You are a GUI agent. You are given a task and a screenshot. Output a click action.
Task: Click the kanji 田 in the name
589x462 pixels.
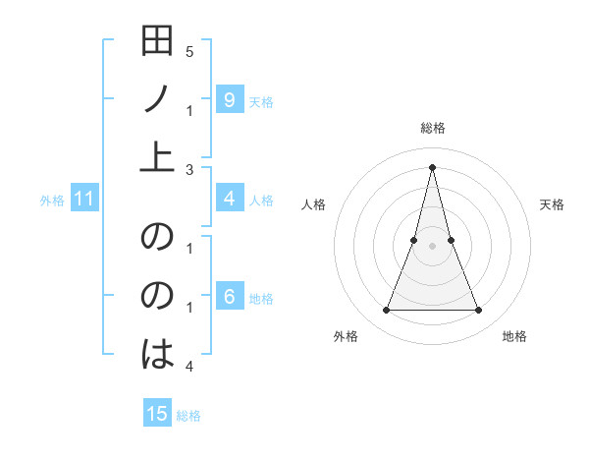click(x=157, y=42)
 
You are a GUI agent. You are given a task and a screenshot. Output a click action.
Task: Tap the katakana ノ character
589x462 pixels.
click(x=157, y=99)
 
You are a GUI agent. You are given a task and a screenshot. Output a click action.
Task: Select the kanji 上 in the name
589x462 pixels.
click(x=157, y=156)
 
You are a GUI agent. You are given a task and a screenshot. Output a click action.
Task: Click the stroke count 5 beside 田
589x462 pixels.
click(x=188, y=51)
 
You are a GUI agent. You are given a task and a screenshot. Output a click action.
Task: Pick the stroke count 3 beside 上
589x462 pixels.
click(x=188, y=170)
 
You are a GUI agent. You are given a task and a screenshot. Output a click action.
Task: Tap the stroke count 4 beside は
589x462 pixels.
click(x=188, y=367)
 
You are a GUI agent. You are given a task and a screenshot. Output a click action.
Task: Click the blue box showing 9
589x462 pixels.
click(x=229, y=99)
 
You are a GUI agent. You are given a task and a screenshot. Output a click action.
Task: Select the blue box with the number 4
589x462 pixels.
click(x=229, y=199)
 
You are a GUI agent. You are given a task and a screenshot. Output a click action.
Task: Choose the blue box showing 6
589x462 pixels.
click(x=229, y=297)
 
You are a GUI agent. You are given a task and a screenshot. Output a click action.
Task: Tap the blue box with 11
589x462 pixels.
click(x=84, y=200)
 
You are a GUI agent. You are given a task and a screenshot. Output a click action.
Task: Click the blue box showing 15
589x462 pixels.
click(x=157, y=414)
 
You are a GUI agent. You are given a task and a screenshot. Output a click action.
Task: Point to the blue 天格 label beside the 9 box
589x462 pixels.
click(x=261, y=101)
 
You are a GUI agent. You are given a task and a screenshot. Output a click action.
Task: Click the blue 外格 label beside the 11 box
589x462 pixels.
click(x=52, y=201)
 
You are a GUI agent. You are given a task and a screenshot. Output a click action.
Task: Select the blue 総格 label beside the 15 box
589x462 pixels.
click(x=188, y=416)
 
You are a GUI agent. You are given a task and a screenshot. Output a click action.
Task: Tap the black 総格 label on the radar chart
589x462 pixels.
click(x=432, y=129)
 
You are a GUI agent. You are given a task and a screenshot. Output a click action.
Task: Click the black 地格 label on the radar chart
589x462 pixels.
click(x=514, y=337)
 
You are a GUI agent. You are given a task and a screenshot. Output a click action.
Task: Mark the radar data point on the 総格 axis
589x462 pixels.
click(x=432, y=167)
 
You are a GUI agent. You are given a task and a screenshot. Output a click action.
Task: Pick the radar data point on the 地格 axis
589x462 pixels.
click(x=479, y=311)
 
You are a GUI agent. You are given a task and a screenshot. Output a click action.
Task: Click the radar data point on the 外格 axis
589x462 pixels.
click(x=386, y=311)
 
